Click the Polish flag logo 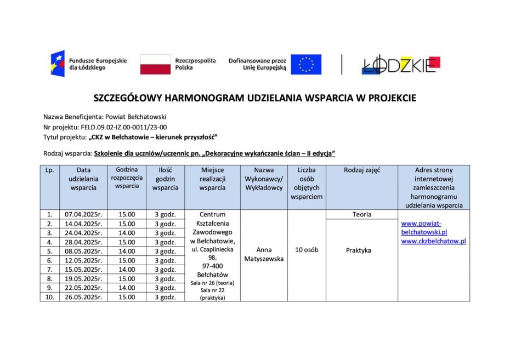click(155, 64)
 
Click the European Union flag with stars click(305, 64)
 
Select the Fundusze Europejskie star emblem click(58, 64)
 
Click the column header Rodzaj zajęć click(361, 170)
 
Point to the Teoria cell click(361, 215)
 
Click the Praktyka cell click(359, 250)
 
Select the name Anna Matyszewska click(264, 254)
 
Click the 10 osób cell click(307, 250)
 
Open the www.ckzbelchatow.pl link click(433, 241)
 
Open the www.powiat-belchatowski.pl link click(424, 228)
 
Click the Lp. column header click(50, 170)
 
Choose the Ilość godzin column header click(165, 179)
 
